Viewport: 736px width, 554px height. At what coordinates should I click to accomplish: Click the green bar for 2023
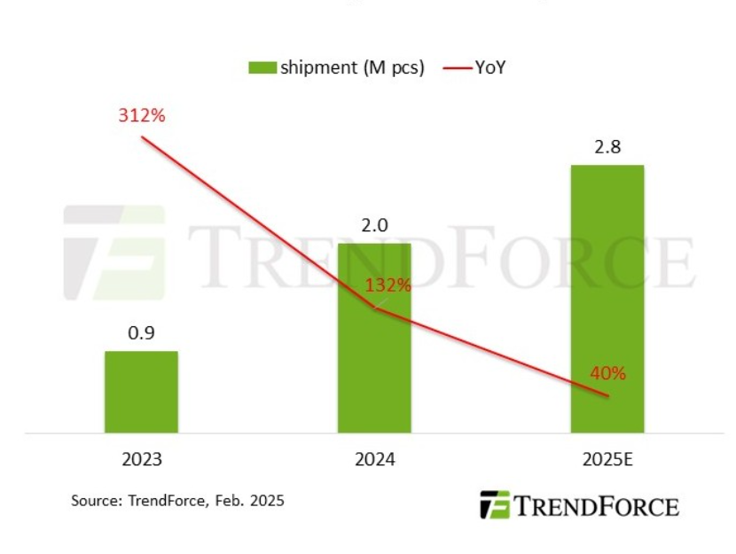coord(141,392)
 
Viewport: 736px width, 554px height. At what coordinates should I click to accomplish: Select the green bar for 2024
coord(374,338)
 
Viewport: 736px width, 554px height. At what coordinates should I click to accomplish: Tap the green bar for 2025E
coord(607,299)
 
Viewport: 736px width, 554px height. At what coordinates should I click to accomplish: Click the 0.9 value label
coord(141,334)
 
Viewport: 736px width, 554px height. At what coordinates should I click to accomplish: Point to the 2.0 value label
coord(374,226)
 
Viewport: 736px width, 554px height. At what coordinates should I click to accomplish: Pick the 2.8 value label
coord(607,147)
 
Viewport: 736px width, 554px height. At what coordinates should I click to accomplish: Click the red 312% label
coord(141,115)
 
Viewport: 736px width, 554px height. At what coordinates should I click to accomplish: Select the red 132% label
coord(388,285)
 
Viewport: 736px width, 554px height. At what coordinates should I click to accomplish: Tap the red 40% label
coord(607,373)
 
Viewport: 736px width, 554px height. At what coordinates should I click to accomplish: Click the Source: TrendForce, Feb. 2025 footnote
coord(177,501)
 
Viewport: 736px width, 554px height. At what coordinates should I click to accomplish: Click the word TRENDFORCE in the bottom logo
coord(596,506)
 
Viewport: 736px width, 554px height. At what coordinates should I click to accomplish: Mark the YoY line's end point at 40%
coord(607,396)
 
